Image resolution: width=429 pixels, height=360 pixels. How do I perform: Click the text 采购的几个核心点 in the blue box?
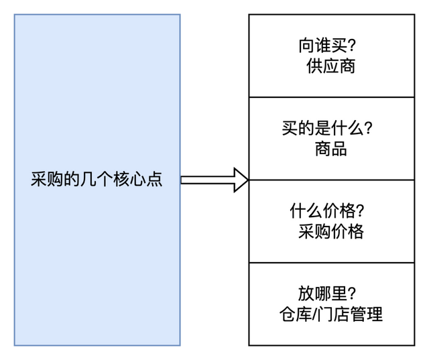tap(97, 180)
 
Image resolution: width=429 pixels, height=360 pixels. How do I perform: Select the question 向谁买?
tap(326, 46)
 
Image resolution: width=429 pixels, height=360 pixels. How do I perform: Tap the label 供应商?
tap(330, 66)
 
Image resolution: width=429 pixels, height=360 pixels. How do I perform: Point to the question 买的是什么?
tap(327, 128)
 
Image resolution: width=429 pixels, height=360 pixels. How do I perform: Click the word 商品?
tap(330, 149)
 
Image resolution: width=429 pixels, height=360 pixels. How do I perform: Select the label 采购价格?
tap(331, 231)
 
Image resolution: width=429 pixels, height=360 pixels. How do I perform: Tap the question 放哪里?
tap(326, 294)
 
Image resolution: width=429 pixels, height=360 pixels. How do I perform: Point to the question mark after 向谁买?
tap(351, 46)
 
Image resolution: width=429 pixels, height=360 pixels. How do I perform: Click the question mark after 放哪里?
tap(351, 294)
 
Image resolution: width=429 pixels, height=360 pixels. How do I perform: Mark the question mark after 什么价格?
tap(360, 211)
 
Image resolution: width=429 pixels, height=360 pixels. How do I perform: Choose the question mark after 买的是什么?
tap(368, 128)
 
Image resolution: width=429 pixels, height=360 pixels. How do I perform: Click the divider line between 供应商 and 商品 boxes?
tap(331, 97)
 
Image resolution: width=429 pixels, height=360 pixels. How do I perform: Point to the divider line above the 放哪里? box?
tap(331, 263)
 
